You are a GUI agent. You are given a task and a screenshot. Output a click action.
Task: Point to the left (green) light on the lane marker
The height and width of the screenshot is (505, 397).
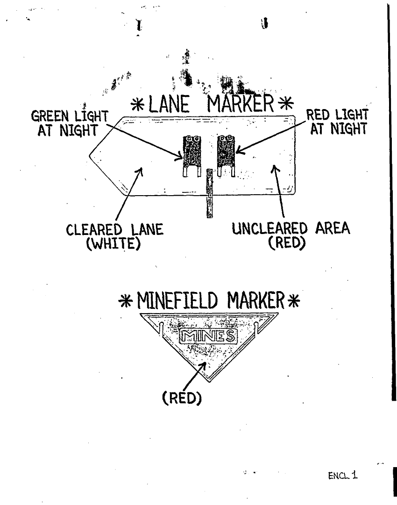click(x=191, y=151)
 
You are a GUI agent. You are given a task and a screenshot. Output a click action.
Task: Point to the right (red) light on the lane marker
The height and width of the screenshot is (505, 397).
click(x=226, y=151)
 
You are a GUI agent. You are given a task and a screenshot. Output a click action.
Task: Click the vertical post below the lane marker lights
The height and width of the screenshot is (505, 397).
click(x=210, y=193)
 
